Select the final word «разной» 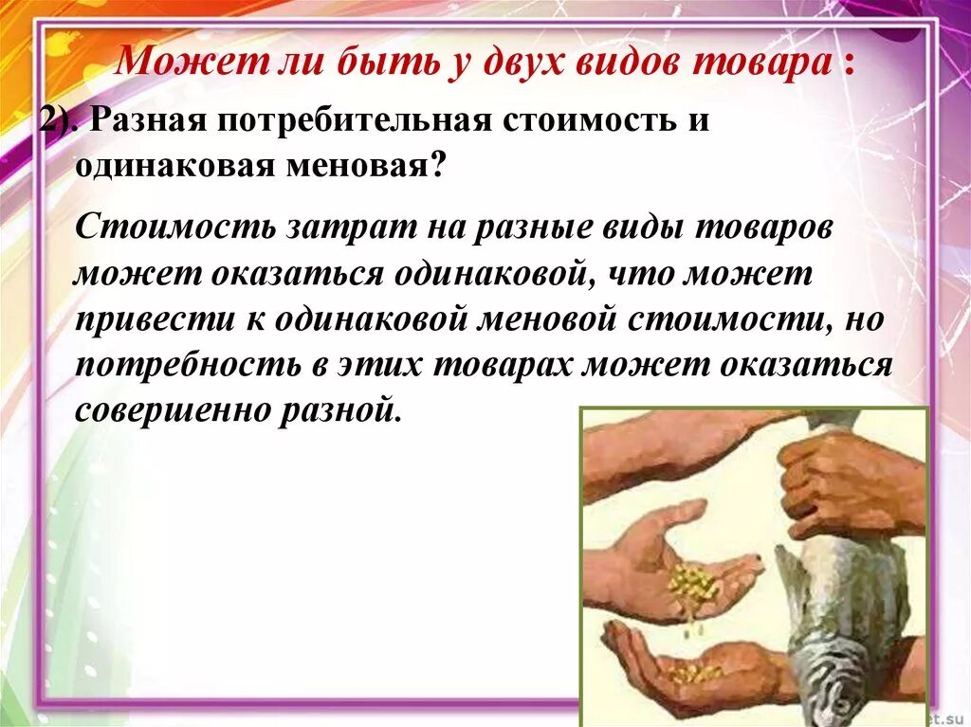[347, 412]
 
